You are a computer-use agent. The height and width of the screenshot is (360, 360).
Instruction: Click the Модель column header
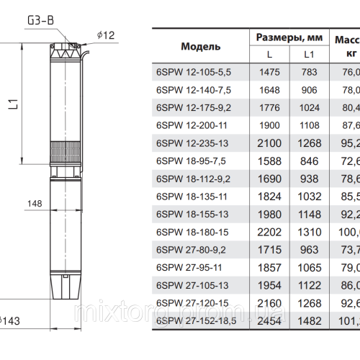(201, 46)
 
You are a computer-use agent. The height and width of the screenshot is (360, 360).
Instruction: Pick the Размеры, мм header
(288, 37)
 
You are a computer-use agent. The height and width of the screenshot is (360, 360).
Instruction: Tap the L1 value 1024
(309, 107)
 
